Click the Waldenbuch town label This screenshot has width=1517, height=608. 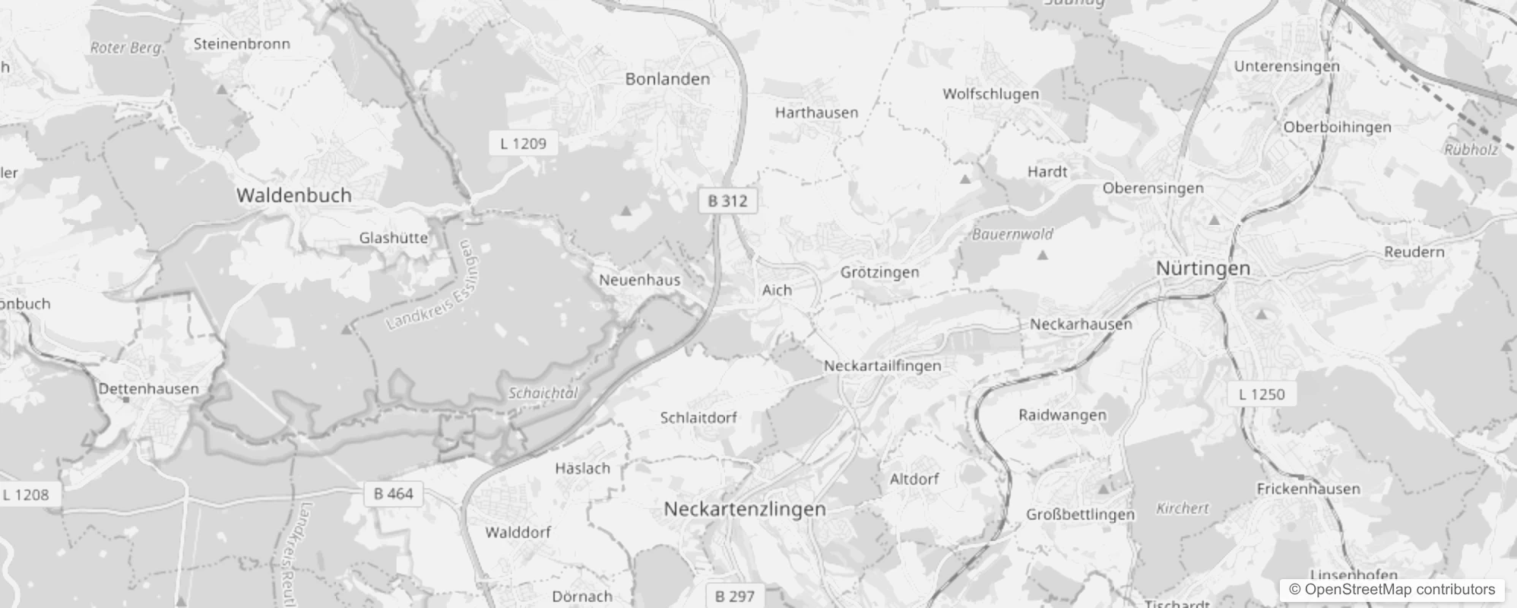(x=294, y=195)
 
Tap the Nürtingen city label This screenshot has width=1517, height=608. (x=1202, y=268)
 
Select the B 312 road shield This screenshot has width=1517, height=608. (x=727, y=201)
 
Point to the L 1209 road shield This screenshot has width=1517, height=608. (x=523, y=143)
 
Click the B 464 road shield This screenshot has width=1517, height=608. (x=394, y=494)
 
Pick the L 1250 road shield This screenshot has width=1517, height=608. (x=1261, y=394)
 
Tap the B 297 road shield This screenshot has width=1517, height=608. (x=735, y=596)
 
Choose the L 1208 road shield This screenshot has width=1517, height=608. (x=25, y=495)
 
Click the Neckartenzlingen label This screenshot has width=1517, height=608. (x=744, y=509)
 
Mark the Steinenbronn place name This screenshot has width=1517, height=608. (x=242, y=44)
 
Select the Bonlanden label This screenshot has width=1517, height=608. (x=667, y=79)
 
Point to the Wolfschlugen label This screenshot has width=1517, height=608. (x=990, y=94)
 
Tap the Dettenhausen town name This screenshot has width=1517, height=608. (x=148, y=388)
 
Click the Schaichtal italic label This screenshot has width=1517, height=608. (x=543, y=393)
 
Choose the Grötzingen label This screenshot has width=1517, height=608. (x=879, y=272)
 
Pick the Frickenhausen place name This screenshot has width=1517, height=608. (x=1308, y=489)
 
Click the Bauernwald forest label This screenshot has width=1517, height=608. (x=1012, y=234)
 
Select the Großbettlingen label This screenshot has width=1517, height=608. (x=1080, y=515)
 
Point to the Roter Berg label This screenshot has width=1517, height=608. (x=126, y=48)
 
